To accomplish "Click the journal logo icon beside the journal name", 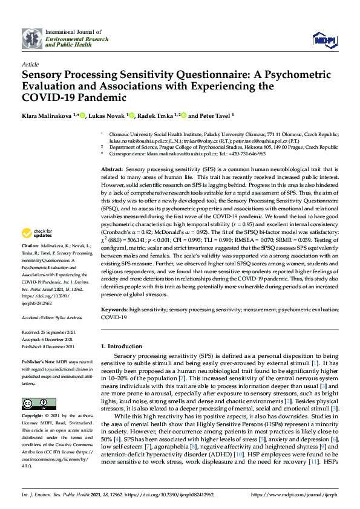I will pyautogui.click(x=31, y=39).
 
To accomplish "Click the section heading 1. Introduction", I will pyautogui.click(x=125, y=346).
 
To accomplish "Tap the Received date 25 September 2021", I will pyautogui.click(x=48, y=332).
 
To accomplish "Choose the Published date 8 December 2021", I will pyautogui.click(x=48, y=347).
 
